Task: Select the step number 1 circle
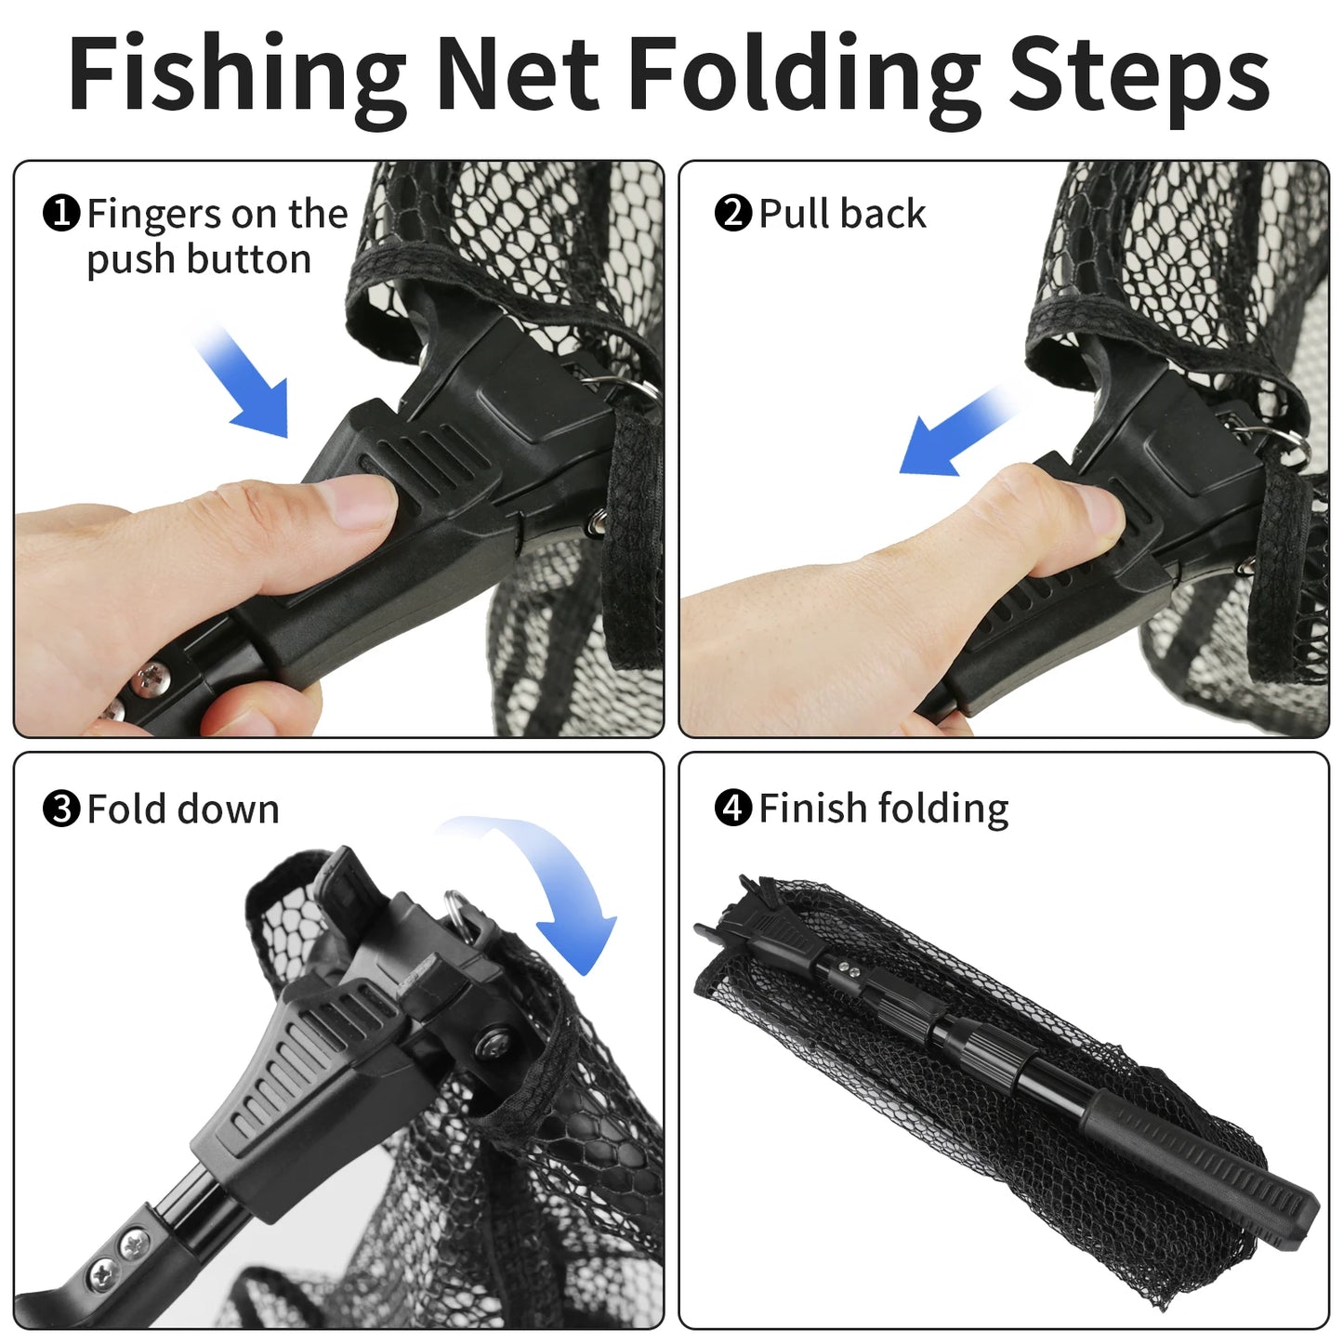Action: (61, 214)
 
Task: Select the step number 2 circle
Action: (732, 214)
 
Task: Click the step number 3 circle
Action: (61, 810)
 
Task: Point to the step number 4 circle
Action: (732, 809)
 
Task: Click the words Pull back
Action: (842, 214)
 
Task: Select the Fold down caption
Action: (183, 810)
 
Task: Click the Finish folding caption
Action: (883, 809)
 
